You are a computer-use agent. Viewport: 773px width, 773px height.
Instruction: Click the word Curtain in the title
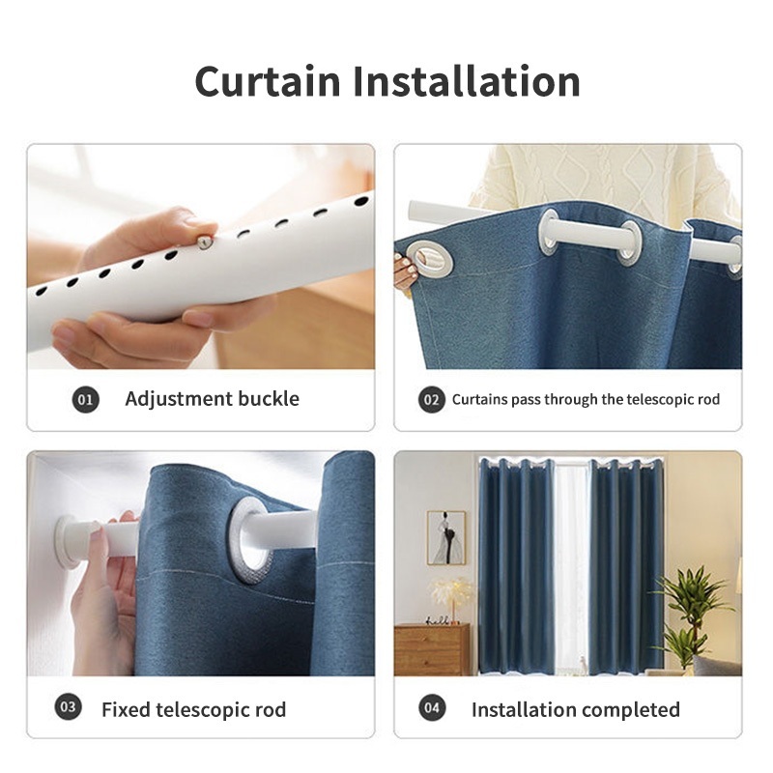coord(268,81)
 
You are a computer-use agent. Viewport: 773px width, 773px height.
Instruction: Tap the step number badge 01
coord(86,399)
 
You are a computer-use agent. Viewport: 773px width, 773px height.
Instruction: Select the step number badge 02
coord(431,399)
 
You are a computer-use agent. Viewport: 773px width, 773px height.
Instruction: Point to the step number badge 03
coord(68,707)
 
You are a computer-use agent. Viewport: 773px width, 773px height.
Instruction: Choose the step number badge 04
coord(432,708)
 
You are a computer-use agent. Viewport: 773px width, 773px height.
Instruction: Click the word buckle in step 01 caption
coord(269,398)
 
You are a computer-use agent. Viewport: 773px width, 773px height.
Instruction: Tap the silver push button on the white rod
coord(204,243)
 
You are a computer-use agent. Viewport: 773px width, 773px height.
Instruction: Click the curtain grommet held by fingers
coord(434,259)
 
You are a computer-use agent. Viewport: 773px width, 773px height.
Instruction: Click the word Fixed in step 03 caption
coord(126,709)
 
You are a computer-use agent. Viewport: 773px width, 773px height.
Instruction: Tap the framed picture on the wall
coord(445,538)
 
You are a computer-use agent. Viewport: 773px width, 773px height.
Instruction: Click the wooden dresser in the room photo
coord(432,649)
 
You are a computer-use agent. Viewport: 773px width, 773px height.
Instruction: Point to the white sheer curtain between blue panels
coord(571,567)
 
